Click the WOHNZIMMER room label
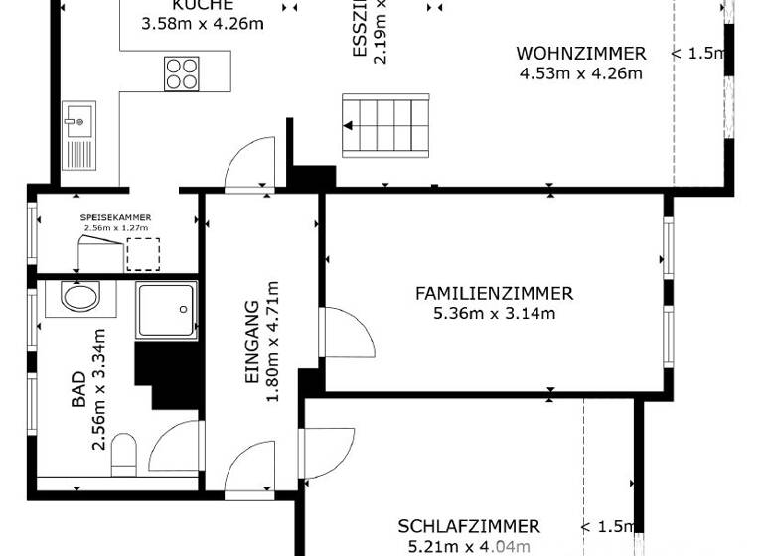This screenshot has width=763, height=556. point(580,54)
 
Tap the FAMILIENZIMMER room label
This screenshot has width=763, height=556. point(494,294)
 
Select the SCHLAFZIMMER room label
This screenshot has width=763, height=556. point(469,527)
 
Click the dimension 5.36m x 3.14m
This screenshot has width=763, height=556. point(494,314)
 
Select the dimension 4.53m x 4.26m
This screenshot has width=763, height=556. point(580,72)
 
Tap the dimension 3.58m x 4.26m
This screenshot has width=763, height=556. point(203,23)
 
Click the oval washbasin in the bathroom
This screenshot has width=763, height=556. point(79,296)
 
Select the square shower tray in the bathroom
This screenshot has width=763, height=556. point(167,311)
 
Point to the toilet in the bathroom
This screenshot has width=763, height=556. point(124,455)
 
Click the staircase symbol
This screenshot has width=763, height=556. point(385,125)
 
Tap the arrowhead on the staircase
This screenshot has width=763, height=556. point(350,125)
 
